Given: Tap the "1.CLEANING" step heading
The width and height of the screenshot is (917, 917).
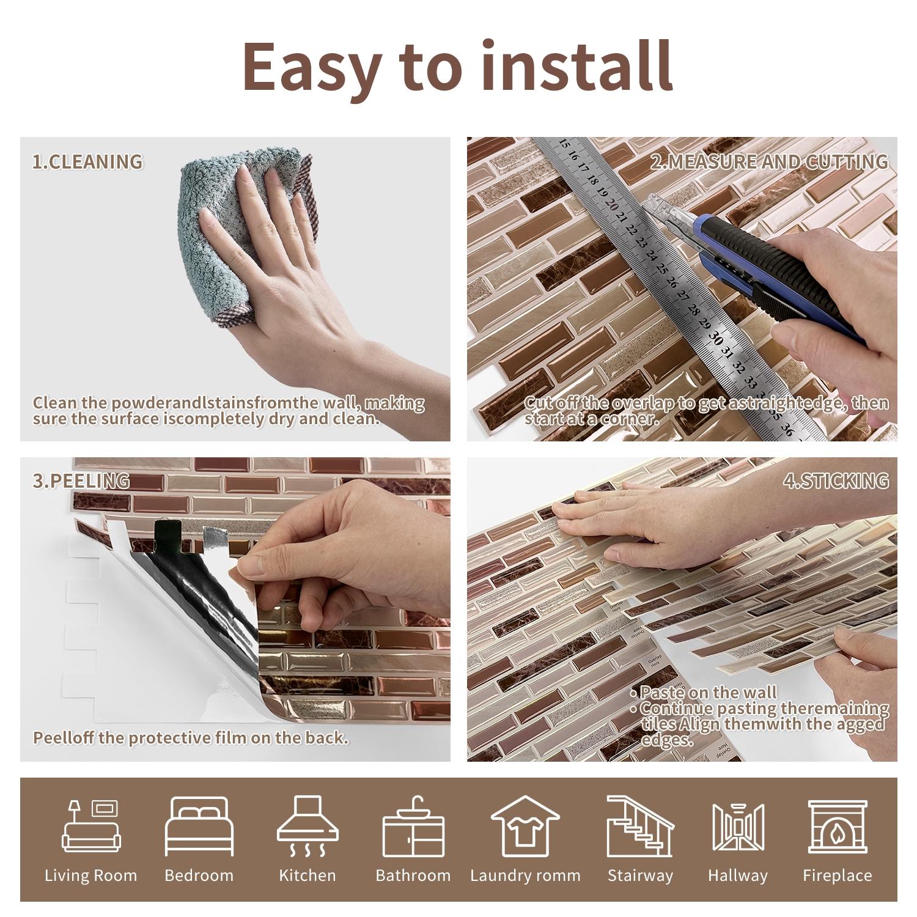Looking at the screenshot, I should (87, 162).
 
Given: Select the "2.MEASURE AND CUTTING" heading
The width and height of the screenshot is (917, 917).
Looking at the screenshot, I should (768, 162).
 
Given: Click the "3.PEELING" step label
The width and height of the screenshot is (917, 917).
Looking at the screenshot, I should (81, 481).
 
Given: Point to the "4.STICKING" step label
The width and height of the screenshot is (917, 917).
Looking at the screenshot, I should (836, 481).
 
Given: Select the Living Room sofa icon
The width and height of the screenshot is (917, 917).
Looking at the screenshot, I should (91, 826).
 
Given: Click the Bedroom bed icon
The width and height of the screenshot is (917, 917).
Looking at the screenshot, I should (199, 826).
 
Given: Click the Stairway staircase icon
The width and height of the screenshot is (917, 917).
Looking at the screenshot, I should (639, 826).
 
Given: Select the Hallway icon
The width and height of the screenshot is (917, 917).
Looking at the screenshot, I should (738, 826).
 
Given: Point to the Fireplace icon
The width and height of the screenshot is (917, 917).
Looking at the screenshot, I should (837, 826).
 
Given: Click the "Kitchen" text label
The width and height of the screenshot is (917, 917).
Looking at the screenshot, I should (308, 875).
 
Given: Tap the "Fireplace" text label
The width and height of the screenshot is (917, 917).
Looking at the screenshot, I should (837, 875).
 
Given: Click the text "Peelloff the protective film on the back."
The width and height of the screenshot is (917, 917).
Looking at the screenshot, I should (190, 738).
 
